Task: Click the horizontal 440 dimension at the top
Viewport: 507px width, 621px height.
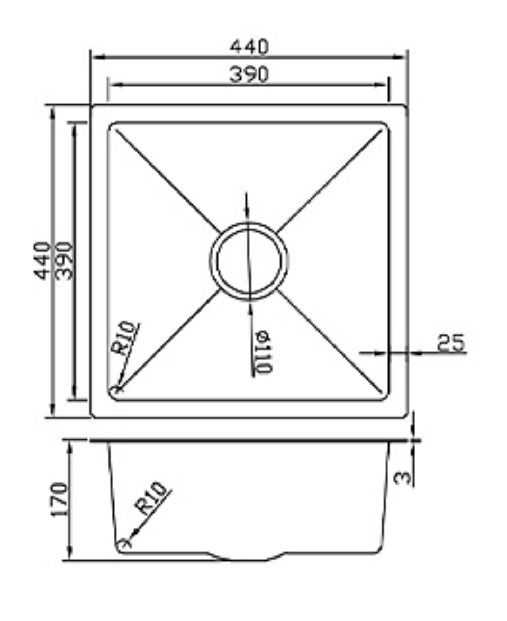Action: pos(249,47)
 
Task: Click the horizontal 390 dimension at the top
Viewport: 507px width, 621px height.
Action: pos(249,75)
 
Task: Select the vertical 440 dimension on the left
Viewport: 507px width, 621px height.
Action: pos(43,261)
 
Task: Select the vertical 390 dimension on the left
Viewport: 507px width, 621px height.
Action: pos(64,261)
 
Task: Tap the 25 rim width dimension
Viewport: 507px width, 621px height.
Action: pos(450,343)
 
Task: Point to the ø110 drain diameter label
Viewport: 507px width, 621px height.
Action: pos(262,352)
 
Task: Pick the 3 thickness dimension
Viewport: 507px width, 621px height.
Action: pos(403,477)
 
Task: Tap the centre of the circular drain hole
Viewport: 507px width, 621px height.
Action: pos(249,260)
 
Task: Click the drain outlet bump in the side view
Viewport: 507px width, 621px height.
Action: pos(248,556)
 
